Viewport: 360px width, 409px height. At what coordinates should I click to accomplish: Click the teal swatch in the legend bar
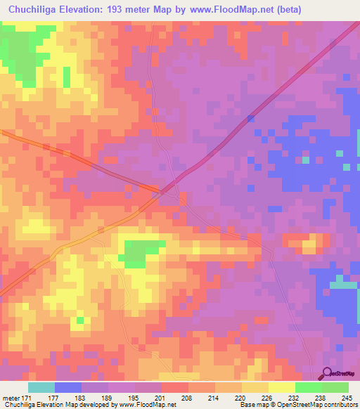[x=41, y=387]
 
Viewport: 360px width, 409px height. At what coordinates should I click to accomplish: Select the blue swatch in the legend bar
[x=68, y=387]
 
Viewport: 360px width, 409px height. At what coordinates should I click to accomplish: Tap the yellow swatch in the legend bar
[x=281, y=387]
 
